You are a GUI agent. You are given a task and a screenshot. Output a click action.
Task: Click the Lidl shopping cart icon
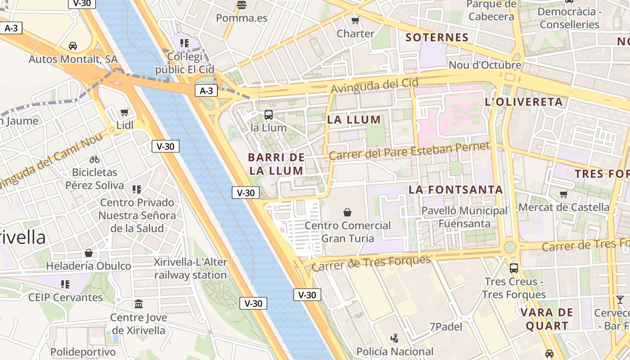pos(125,112)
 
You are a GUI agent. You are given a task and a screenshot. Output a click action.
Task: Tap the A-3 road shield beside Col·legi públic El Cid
pos(206,90)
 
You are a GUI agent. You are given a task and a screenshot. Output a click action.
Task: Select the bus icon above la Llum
pos(269,114)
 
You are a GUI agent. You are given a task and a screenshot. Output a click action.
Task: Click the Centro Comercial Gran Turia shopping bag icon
pos(347,212)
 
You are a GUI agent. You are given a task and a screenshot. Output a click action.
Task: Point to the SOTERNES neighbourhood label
pos(437,37)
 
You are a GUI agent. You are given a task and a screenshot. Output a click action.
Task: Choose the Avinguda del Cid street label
pos(375,85)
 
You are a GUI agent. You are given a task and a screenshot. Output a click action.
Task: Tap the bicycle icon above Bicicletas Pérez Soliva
pos(94,159)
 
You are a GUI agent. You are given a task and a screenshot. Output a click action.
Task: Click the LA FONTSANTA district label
pos(456,189)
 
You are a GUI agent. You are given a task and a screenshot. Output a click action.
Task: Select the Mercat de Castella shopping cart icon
pos(563,194)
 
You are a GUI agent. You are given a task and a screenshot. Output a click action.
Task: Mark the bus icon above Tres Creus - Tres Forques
pos(514,268)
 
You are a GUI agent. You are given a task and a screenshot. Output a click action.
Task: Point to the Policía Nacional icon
pos(395,337)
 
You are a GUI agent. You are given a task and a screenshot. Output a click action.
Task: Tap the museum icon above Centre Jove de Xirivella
pos(139,304)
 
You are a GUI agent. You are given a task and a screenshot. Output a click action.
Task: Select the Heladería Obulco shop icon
pos(89,253)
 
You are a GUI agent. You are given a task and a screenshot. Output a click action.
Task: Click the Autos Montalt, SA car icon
pos(73,45)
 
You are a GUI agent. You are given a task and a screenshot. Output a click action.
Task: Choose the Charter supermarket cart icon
pos(355,20)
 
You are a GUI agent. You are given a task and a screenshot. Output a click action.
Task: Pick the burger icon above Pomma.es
pos(242,5)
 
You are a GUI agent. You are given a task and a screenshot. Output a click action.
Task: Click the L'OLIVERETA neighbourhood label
pos(524,102)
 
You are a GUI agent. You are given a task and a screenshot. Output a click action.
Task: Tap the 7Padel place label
pos(445,327)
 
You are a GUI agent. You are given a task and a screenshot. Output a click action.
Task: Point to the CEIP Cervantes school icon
pos(65,284)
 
